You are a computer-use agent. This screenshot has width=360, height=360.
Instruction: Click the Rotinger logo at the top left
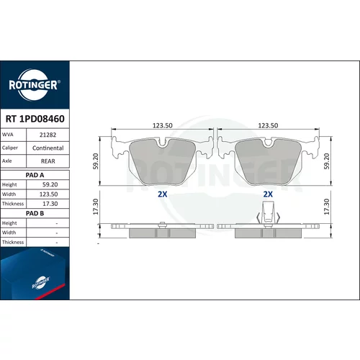[35, 85]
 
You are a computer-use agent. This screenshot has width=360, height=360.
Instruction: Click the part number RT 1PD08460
[35, 119]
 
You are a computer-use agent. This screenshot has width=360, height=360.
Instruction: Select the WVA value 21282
[48, 135]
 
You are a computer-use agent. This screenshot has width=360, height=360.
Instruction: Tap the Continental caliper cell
[48, 148]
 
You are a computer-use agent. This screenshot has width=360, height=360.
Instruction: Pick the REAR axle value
[48, 161]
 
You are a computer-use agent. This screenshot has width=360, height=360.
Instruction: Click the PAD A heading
[35, 175]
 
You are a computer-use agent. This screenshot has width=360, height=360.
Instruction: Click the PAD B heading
[35, 213]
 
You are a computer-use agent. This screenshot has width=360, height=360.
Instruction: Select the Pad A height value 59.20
[50, 184]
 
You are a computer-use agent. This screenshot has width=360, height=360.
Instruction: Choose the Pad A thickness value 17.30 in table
[50, 204]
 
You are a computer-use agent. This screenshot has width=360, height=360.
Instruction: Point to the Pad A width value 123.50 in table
[49, 194]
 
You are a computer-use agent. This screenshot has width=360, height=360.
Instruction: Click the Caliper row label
[10, 148]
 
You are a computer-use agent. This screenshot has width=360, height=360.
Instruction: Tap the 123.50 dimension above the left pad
[163, 125]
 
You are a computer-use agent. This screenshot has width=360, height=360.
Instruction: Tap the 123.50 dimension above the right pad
[268, 125]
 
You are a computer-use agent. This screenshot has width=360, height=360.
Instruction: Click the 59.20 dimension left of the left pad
[96, 161]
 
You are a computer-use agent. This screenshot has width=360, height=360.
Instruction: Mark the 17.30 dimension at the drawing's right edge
[327, 207]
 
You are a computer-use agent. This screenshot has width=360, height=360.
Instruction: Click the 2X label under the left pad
[163, 194]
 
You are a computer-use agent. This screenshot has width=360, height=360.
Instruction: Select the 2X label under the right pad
[268, 194]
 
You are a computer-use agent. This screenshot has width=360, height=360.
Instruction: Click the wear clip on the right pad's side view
[268, 213]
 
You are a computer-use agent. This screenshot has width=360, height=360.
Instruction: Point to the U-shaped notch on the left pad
[163, 143]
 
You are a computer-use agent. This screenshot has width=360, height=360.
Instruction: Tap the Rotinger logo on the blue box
[41, 282]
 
